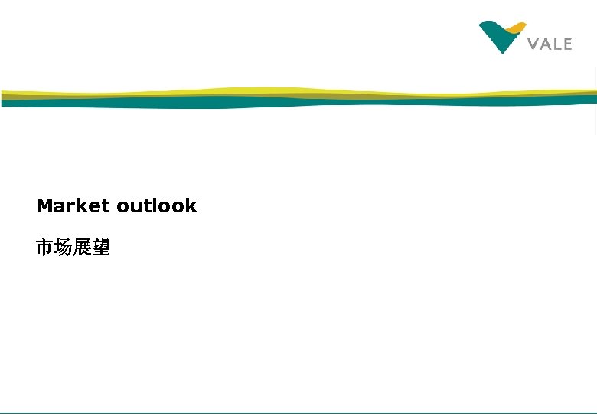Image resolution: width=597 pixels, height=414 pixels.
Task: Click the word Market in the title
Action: [73, 205]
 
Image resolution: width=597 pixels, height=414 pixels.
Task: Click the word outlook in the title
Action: [157, 205]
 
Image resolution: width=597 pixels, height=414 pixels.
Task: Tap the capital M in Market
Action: [44, 205]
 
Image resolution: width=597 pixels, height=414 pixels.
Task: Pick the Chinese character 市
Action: [45, 248]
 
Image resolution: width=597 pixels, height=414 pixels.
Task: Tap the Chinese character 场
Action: [64, 248]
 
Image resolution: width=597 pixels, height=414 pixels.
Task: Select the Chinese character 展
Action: [83, 248]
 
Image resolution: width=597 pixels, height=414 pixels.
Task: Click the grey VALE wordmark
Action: [550, 44]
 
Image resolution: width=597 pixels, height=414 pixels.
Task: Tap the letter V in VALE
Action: [533, 44]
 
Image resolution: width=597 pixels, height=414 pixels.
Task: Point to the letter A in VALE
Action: [545, 44]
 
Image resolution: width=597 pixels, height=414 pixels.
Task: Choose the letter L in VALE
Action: [556, 44]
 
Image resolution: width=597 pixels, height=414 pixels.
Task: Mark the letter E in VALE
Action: [566, 44]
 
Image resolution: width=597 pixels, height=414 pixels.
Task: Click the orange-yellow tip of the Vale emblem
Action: [516, 28]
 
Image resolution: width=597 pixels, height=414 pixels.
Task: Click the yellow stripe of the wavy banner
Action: [230, 90]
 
